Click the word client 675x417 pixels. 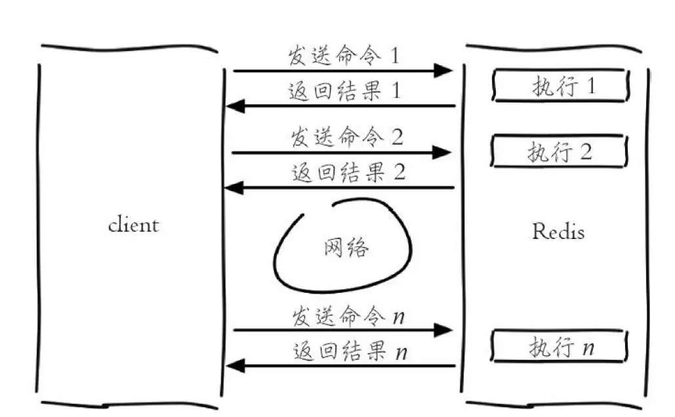point(133,225)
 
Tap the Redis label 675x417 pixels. point(558,231)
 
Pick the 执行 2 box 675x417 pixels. point(560,152)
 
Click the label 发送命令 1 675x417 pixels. point(343,56)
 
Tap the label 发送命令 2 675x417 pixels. point(347,138)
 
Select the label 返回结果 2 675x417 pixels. point(348,173)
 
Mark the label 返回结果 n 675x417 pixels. point(348,352)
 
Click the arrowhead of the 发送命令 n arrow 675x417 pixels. point(445,330)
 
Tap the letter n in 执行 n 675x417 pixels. point(588,348)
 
